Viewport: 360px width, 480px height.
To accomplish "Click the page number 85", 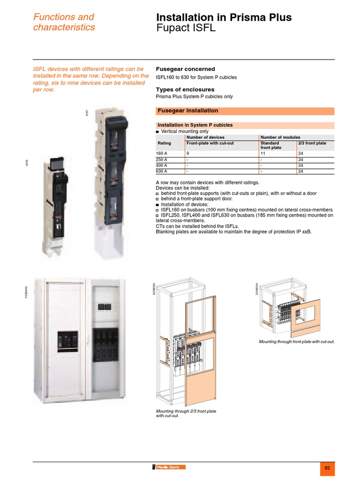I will coord(327,468).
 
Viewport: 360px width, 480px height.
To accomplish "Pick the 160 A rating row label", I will coord(161,153).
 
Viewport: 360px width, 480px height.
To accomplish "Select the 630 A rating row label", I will coord(161,171).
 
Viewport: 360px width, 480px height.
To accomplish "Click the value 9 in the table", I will coord(187,153).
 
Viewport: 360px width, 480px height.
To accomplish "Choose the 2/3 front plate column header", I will coord(312,143).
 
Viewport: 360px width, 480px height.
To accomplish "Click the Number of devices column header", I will coord(205,137).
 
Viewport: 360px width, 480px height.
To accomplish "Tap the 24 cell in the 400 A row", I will coord(300,165).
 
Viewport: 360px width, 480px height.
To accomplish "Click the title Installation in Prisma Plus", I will coord(224,18).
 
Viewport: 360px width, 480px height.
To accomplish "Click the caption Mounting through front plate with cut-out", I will coord(297,342).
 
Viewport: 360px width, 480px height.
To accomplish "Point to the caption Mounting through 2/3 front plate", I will coord(186,411).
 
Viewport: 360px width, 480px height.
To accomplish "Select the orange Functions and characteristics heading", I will coord(64,22).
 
